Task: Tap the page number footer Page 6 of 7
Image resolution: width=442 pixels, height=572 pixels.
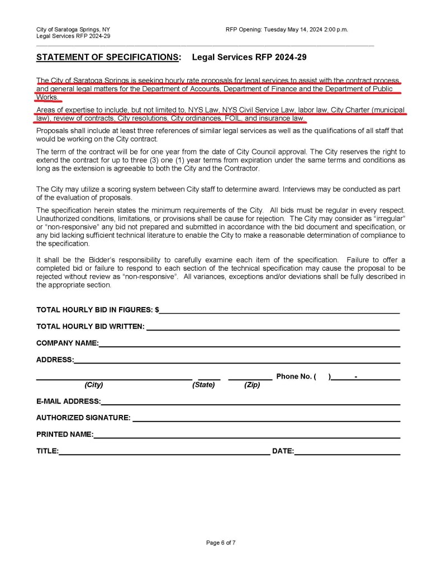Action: tap(221, 542)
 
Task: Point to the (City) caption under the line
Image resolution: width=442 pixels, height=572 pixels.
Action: tap(94, 385)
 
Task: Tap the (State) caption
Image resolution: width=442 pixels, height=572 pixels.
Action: tap(203, 385)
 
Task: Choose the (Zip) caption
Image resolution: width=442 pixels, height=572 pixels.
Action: tap(252, 385)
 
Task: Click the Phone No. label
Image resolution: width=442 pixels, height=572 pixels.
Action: tap(294, 376)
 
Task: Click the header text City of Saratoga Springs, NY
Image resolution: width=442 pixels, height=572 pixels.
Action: tap(73, 29)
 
